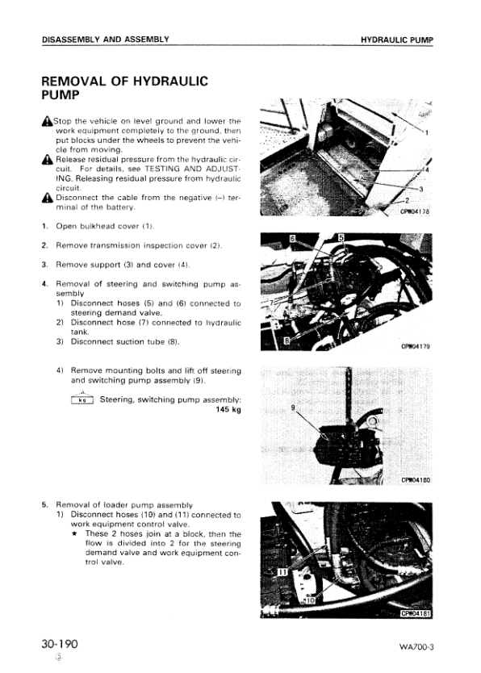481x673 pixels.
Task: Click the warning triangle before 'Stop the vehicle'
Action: tap(47, 121)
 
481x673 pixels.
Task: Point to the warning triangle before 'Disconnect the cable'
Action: tap(47, 198)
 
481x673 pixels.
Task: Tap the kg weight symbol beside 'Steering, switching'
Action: tap(82, 399)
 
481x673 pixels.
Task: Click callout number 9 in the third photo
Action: tap(292, 408)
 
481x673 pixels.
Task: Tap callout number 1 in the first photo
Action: tap(426, 132)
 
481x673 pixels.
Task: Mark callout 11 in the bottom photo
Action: tap(282, 571)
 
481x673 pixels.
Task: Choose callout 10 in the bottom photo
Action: tap(307, 600)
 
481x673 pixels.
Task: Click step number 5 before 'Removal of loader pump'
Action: tap(45, 504)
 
